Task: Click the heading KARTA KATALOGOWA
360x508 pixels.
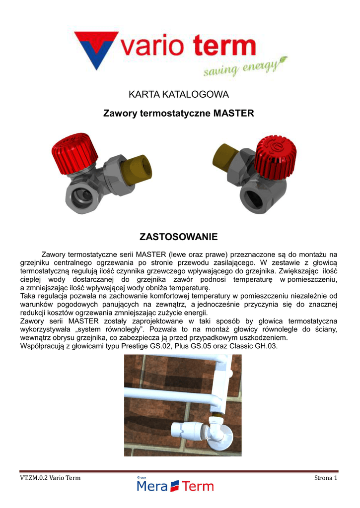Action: (179, 94)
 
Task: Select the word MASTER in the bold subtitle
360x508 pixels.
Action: (233, 114)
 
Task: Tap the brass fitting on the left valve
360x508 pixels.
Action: (137, 172)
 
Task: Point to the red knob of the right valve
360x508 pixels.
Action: (276, 157)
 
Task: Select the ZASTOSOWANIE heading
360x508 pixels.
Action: (179, 237)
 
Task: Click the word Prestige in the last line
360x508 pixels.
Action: (134, 346)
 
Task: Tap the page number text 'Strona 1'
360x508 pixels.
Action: (326, 478)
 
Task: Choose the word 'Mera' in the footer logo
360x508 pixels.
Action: (152, 486)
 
